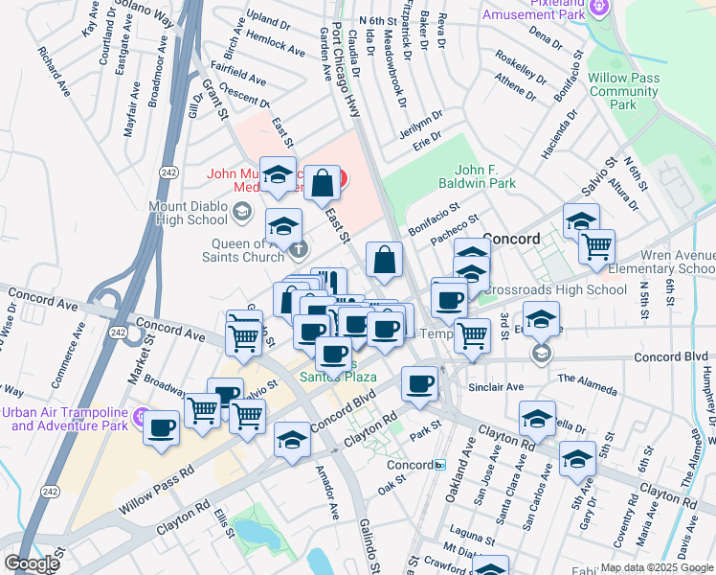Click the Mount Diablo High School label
click(x=189, y=212)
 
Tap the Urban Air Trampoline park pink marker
click(x=142, y=417)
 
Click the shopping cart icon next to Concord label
click(x=596, y=247)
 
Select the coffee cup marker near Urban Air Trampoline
click(x=162, y=427)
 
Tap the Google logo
click(x=33, y=564)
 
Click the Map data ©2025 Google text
click(x=657, y=567)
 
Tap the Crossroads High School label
click(x=554, y=289)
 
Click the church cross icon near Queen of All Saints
click(x=299, y=251)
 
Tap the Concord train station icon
click(x=438, y=466)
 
